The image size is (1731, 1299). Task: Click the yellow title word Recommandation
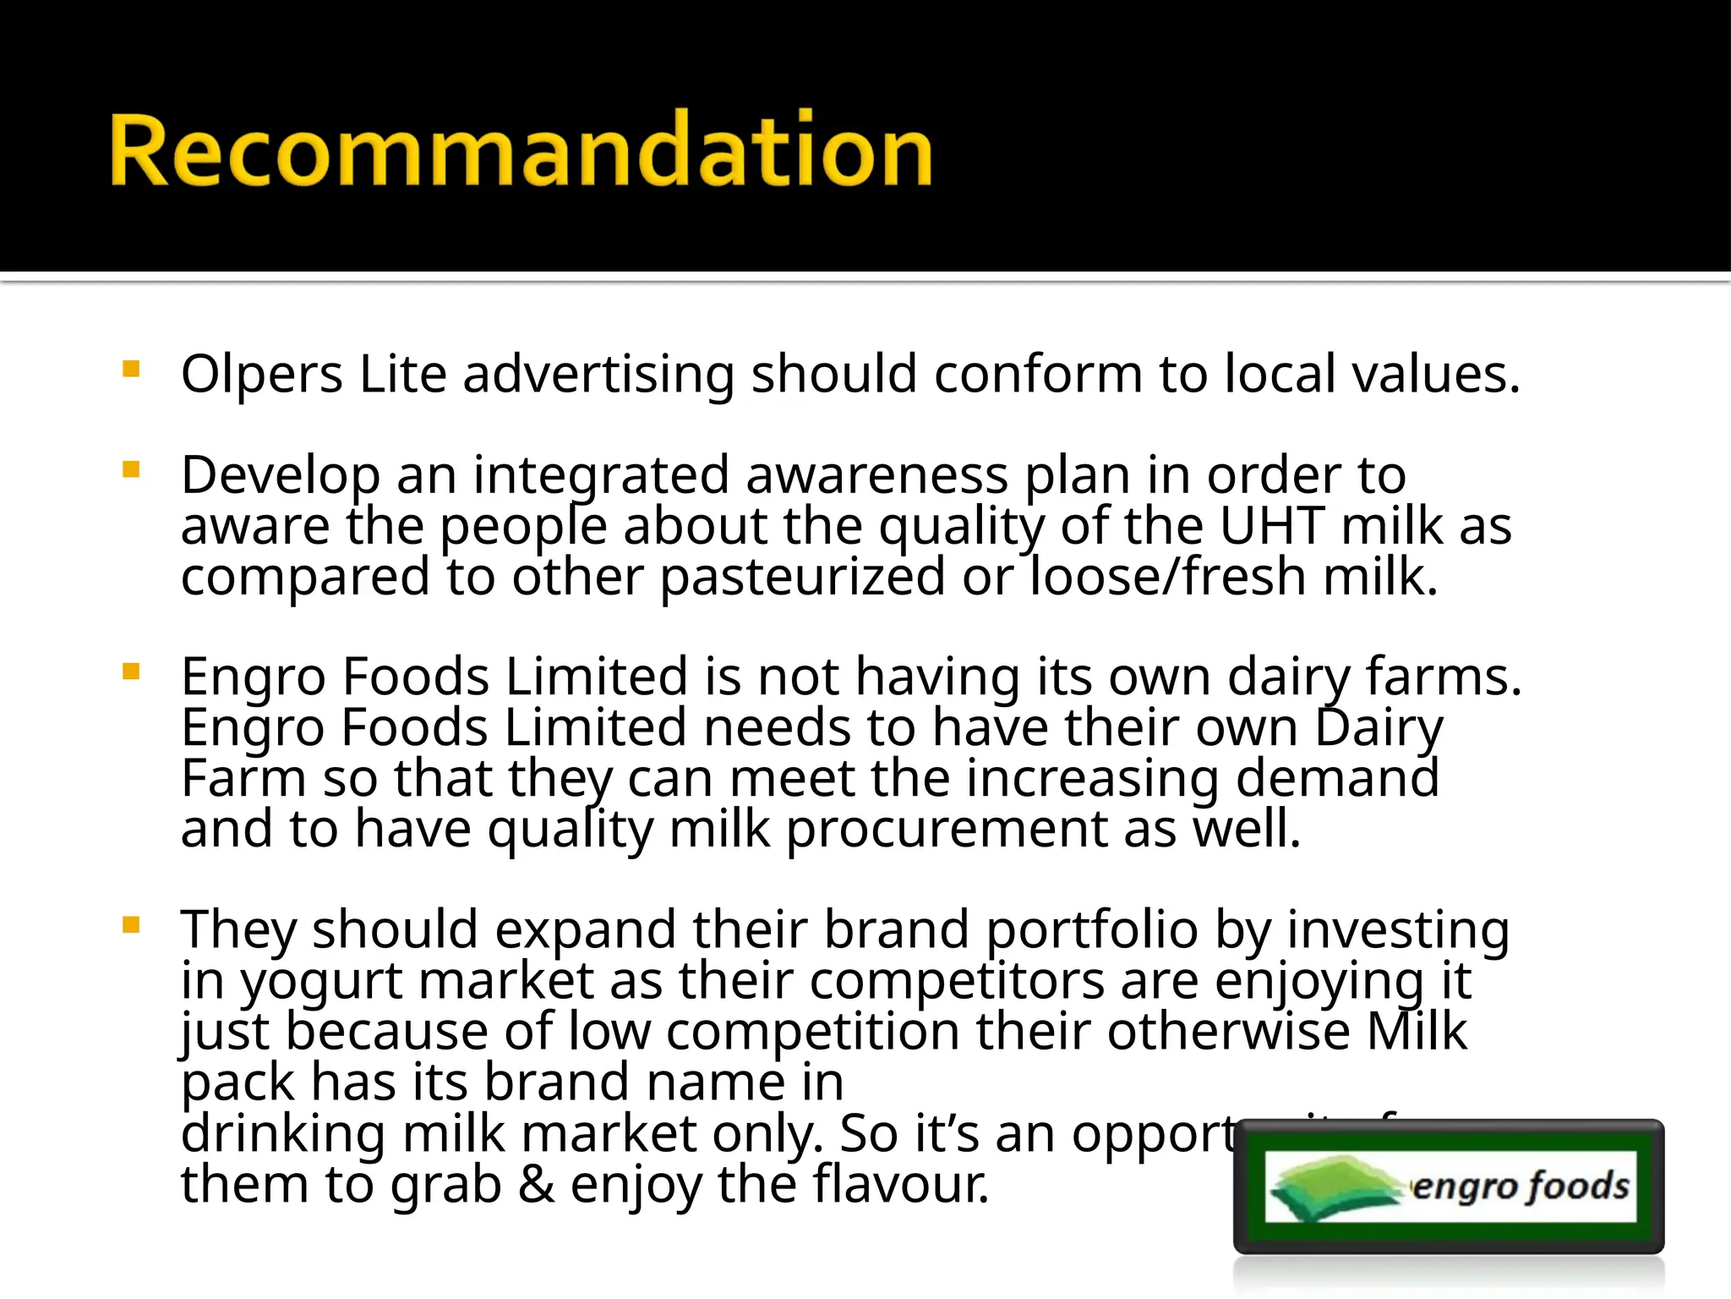(521, 151)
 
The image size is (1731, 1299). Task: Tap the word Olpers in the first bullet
(262, 375)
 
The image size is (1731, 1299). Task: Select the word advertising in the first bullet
(598, 375)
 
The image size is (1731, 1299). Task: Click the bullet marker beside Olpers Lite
(131, 370)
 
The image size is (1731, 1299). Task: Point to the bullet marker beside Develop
(131, 470)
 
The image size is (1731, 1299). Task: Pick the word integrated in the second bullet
(601, 475)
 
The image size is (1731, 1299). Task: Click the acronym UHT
(1272, 526)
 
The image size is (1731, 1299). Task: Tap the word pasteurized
(802, 577)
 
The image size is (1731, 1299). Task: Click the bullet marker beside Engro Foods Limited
(131, 672)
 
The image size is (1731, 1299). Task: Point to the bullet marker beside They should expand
(131, 925)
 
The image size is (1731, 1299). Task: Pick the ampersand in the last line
(536, 1184)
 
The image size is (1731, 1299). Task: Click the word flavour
(899, 1184)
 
